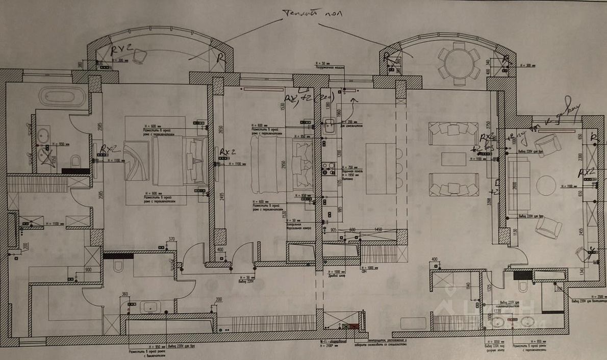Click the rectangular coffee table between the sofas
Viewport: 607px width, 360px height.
(453, 159)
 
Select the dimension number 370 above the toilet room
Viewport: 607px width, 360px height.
(171, 239)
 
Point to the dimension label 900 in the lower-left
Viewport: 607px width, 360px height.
(88, 270)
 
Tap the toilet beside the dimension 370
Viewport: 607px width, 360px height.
(118, 266)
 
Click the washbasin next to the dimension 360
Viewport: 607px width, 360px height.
(150, 307)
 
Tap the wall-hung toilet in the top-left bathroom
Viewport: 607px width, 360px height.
(75, 162)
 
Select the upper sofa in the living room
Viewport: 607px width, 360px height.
(453, 128)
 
